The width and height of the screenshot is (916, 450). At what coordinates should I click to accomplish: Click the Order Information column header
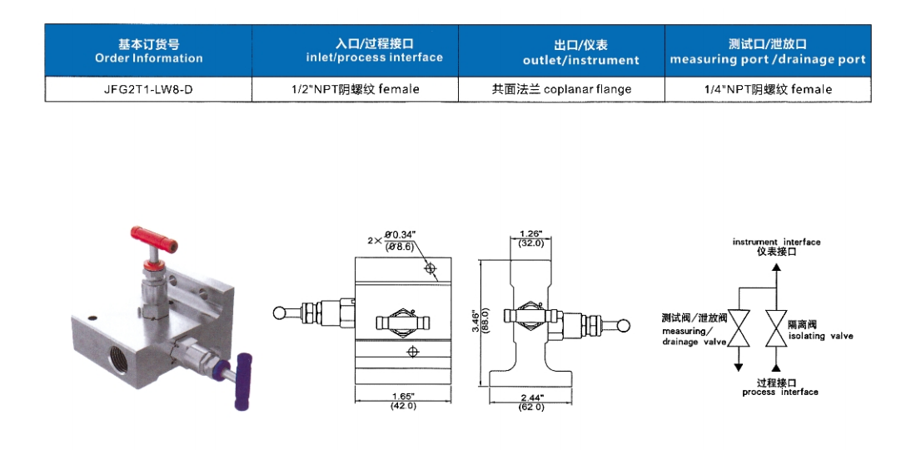[x=148, y=51]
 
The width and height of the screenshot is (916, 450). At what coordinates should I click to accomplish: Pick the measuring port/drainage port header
[x=767, y=52]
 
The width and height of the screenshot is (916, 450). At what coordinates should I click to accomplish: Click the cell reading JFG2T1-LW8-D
[x=148, y=89]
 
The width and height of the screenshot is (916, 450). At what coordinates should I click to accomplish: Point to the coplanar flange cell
[x=561, y=89]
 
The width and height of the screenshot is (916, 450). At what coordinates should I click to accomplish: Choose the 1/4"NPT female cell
[x=767, y=89]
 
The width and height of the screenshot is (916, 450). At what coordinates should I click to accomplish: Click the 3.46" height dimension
[x=475, y=321]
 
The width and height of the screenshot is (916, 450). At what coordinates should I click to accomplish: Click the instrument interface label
[x=776, y=246]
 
